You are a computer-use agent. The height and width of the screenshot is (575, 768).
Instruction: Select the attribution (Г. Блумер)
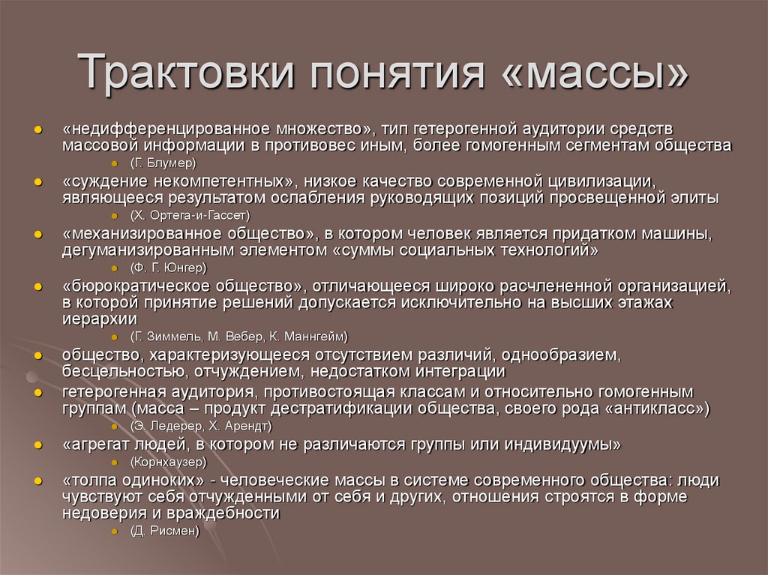[x=163, y=163]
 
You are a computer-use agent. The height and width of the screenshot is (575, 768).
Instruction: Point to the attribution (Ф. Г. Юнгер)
[x=168, y=267]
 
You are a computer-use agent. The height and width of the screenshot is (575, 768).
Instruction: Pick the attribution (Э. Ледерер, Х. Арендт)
[x=201, y=426]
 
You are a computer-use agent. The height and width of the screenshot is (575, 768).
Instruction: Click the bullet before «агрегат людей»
[x=37, y=445]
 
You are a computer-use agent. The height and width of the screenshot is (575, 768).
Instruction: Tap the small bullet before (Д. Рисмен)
[x=114, y=531]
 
